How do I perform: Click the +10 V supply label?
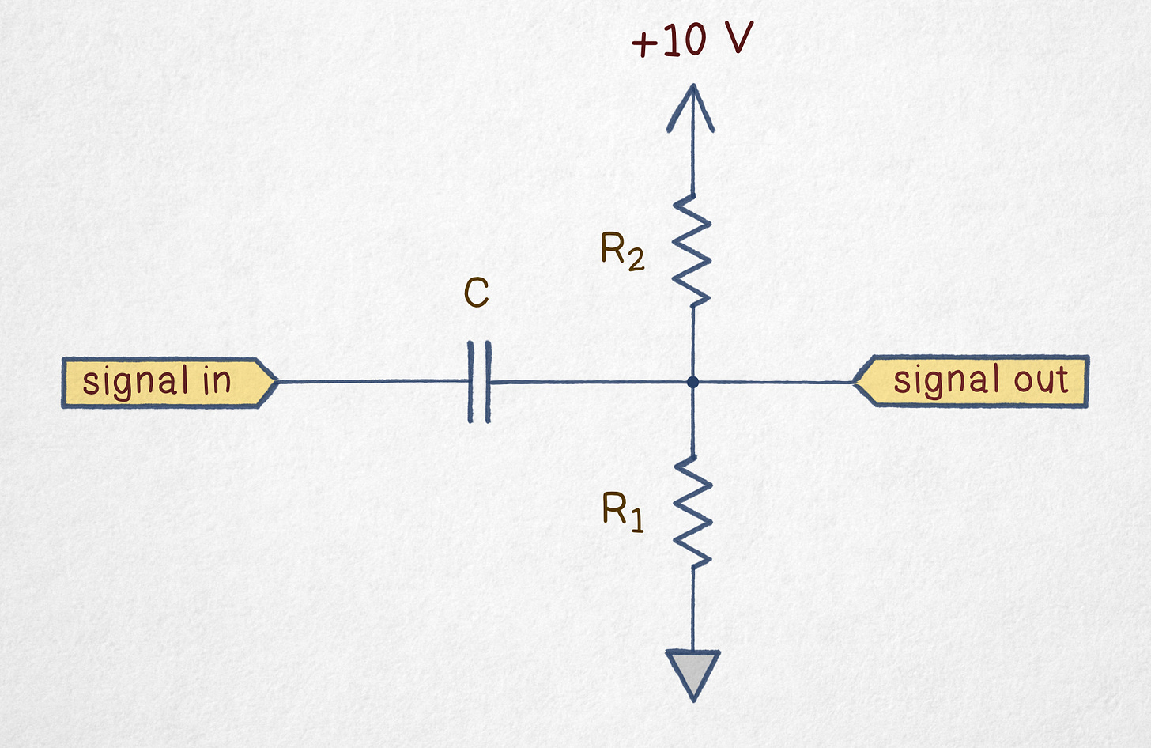692,40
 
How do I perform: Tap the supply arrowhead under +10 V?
692,107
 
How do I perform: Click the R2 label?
622,252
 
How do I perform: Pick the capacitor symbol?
479,382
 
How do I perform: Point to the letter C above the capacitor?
477,293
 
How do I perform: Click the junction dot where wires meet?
692,382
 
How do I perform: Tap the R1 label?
622,511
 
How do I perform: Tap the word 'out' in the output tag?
1041,380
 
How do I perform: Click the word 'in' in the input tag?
216,381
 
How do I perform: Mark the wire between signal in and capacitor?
372,381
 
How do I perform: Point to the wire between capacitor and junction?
589,382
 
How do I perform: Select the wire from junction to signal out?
775,382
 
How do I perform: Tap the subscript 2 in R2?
636,260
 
